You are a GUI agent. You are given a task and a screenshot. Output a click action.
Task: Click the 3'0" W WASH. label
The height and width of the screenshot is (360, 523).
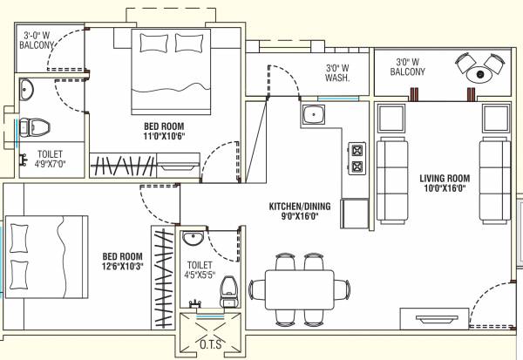coord(337,72)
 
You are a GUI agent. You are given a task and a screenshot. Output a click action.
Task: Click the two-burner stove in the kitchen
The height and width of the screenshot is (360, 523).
coord(357,158)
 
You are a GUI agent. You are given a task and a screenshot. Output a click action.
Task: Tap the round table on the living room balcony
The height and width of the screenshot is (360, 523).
coord(478,74)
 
